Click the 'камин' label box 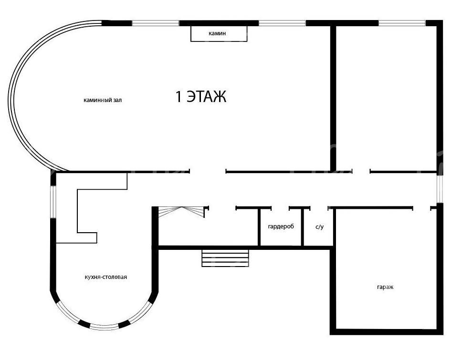219,33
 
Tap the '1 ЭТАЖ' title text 201,96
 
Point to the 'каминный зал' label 103,100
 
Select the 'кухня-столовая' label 106,277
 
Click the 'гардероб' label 281,226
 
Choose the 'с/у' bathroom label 320,227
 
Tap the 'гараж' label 385,287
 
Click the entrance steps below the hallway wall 225,258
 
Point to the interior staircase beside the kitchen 181,212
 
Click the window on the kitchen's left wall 53,202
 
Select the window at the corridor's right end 440,188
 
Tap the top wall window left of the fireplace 155,23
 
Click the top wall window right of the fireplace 282,23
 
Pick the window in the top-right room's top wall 402,23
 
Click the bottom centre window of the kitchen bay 104,327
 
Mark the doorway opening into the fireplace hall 208,171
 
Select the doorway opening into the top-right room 361,171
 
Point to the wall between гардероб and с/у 302,226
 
